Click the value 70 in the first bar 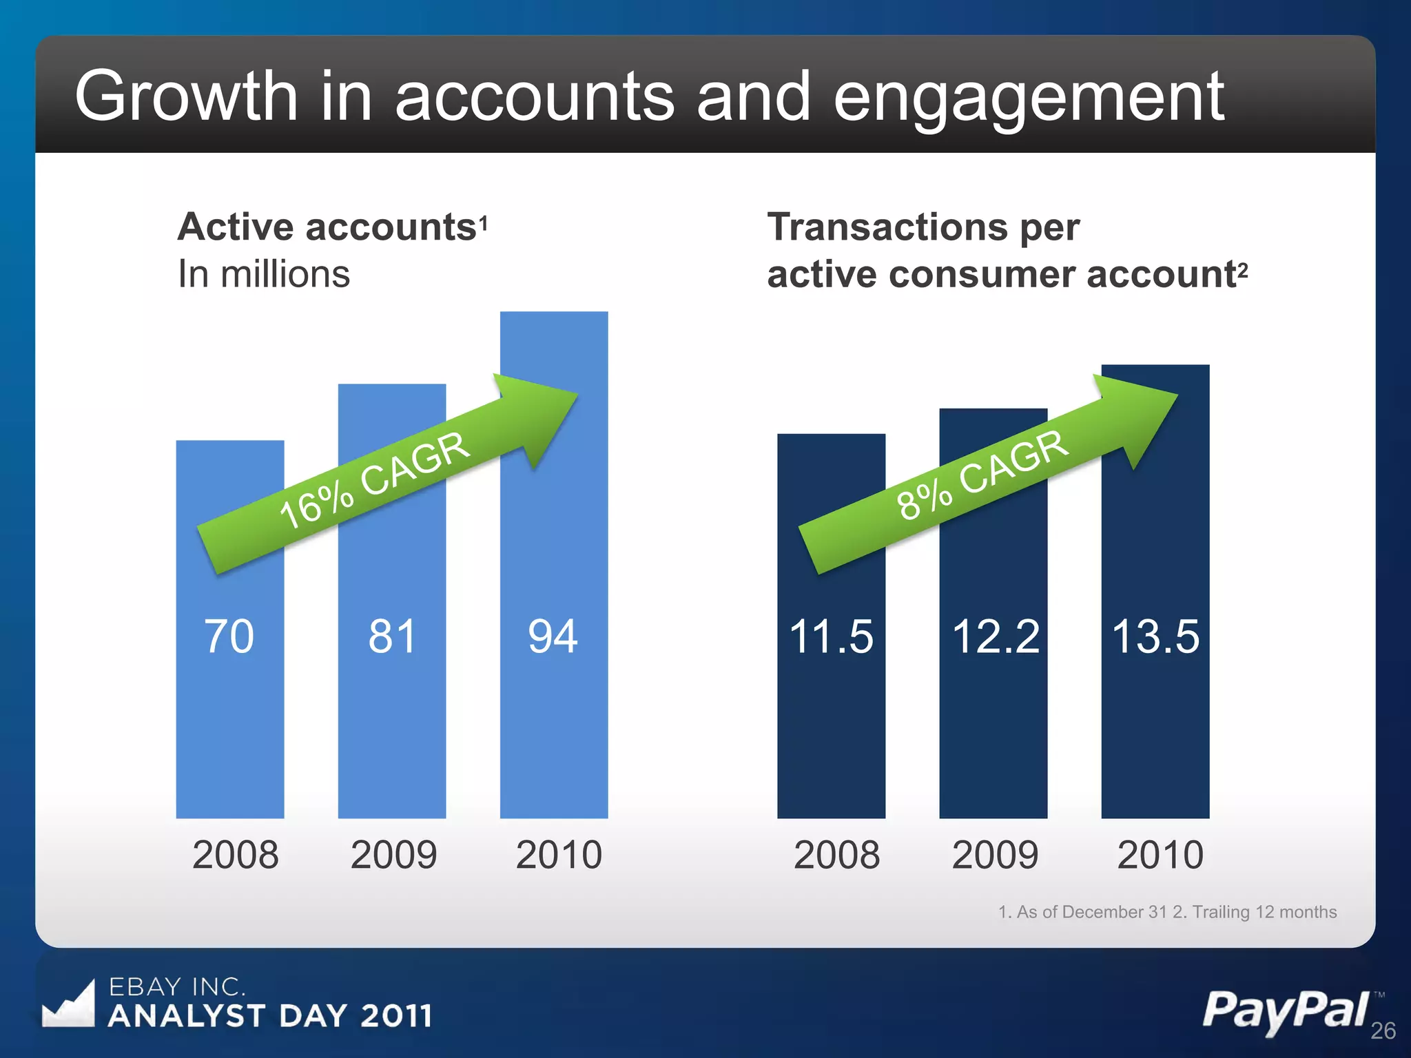click(229, 636)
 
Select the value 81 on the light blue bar click(392, 636)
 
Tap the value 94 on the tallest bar click(553, 636)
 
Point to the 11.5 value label click(831, 636)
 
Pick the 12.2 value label click(995, 636)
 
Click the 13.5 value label click(1155, 636)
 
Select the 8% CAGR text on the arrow click(982, 475)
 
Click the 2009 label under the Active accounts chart click(393, 855)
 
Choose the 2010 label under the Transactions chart click(1160, 855)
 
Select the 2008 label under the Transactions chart click(836, 855)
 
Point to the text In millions click(264, 273)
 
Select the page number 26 click(1383, 1030)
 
